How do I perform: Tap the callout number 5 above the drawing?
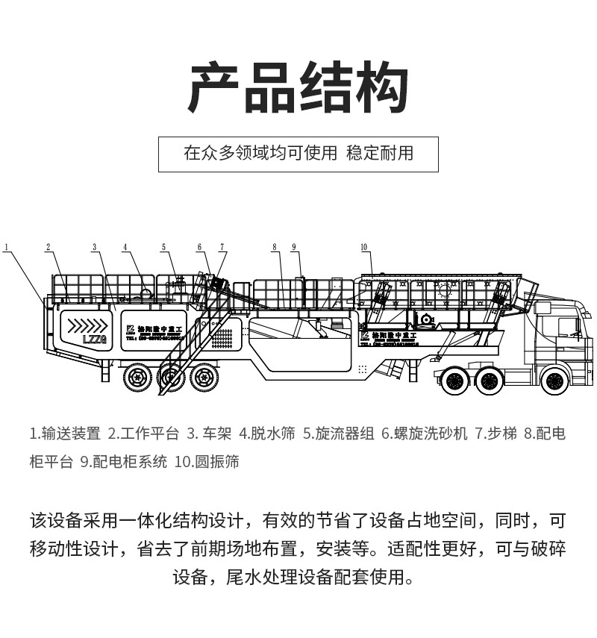(x=163, y=246)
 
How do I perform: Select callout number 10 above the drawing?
(x=364, y=246)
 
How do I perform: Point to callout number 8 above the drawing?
(x=275, y=246)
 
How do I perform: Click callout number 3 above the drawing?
(x=95, y=246)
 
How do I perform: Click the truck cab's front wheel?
(x=553, y=381)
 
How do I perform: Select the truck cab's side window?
(x=568, y=327)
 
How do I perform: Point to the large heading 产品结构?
(x=298, y=89)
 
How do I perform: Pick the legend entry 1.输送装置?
(x=65, y=434)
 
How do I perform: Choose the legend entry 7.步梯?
(x=496, y=434)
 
